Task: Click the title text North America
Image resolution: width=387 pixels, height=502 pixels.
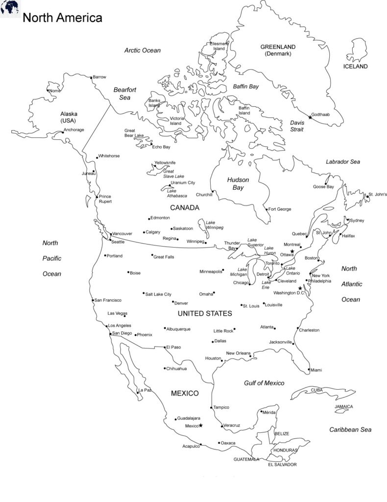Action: pos(62,18)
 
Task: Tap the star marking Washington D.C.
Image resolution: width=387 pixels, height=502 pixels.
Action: pos(300,288)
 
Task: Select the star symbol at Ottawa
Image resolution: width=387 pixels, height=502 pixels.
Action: pos(292,251)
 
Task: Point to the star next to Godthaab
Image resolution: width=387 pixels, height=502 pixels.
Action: pos(310,117)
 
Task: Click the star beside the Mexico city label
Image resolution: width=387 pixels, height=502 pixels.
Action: pos(200,426)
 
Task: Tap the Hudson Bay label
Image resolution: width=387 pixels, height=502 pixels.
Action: pos(238,183)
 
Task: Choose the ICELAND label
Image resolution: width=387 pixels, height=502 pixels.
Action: pos(355,66)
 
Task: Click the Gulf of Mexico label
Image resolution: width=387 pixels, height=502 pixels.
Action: pos(264,383)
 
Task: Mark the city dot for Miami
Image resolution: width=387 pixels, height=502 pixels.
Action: pos(309,369)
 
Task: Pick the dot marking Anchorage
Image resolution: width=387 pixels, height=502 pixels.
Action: pos(63,131)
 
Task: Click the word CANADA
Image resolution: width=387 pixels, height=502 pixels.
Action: pos(184,207)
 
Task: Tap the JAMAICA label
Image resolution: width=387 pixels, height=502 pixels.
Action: pos(343,406)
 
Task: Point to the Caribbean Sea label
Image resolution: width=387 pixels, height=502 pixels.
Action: pos(350,429)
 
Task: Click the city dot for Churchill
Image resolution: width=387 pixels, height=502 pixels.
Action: pos(213,191)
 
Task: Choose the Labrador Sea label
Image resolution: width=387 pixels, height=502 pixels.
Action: pos(343,161)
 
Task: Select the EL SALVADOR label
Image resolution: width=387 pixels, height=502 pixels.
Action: pos(282,464)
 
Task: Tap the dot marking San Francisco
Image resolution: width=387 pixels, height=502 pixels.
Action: pos(93,300)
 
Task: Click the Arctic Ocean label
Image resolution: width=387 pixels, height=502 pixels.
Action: pos(142,50)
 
